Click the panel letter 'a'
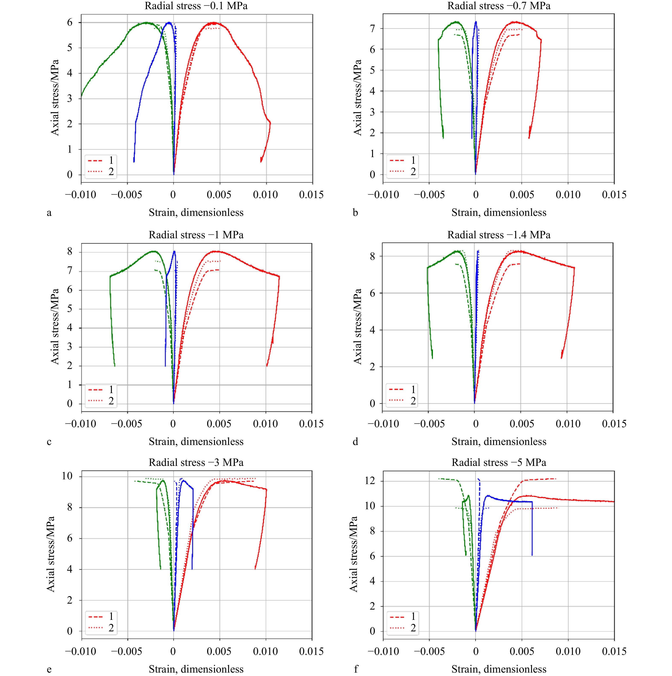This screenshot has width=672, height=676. point(49,213)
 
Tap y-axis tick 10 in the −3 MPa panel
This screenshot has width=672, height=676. point(67,476)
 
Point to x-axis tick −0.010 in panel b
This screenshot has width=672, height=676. point(383,195)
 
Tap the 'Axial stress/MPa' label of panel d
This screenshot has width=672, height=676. point(357,326)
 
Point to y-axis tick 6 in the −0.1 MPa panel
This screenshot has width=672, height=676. point(70,22)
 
